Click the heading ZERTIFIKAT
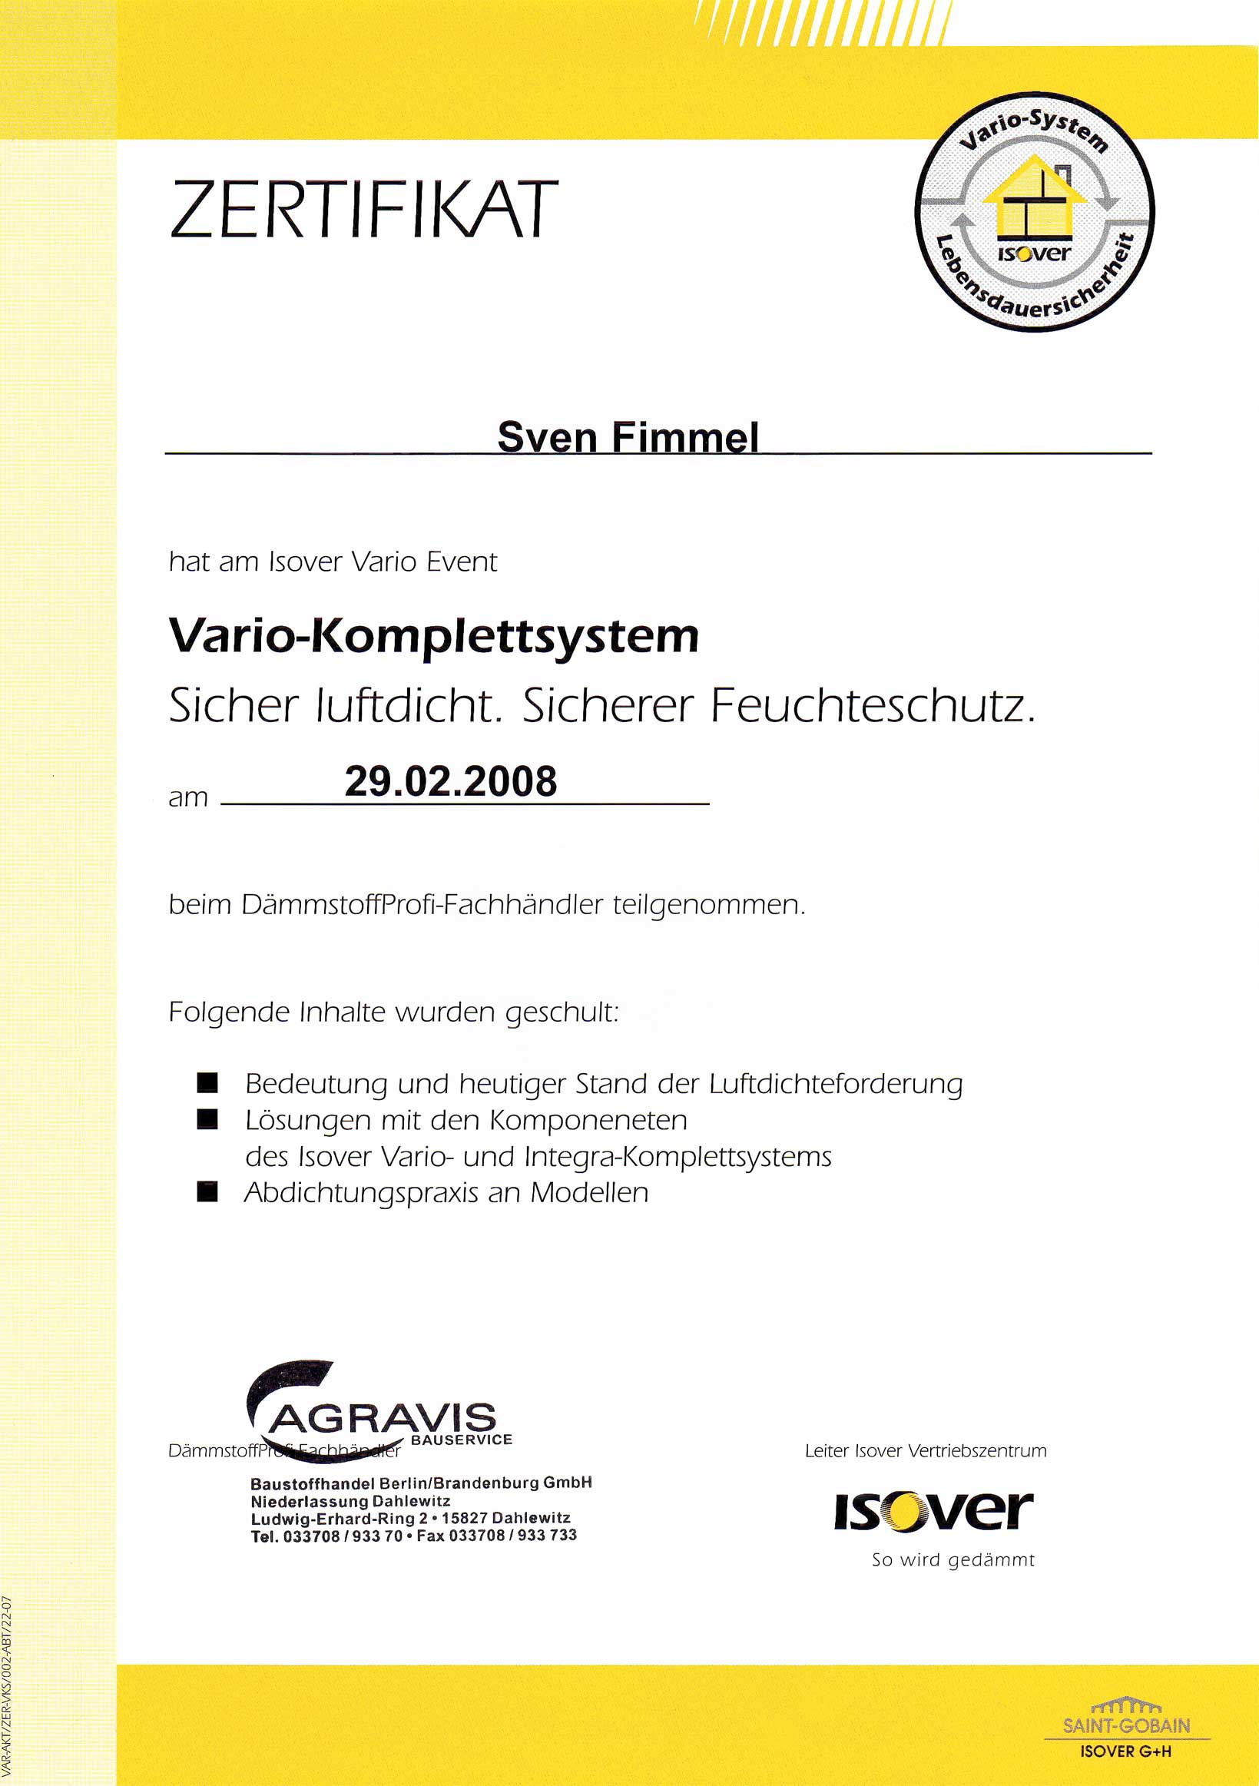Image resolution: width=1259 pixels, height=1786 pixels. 364,209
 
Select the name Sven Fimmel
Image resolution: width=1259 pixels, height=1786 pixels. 628,436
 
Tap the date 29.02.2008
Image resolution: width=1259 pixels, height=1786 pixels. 450,781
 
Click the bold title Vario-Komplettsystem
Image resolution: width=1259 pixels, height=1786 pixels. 434,637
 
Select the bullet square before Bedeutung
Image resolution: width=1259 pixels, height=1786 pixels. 207,1083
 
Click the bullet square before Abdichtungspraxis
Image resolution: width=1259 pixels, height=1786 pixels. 207,1191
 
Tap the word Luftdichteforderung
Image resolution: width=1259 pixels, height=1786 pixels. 836,1084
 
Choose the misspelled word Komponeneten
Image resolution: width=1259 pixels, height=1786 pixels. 588,1120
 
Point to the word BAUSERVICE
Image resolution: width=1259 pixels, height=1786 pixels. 461,1439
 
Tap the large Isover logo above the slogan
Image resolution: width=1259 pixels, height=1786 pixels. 933,1511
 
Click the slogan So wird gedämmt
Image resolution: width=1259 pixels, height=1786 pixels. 953,1559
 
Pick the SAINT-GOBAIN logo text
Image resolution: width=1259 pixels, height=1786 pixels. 1126,1725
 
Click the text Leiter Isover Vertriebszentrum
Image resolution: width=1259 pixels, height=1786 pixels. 926,1450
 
